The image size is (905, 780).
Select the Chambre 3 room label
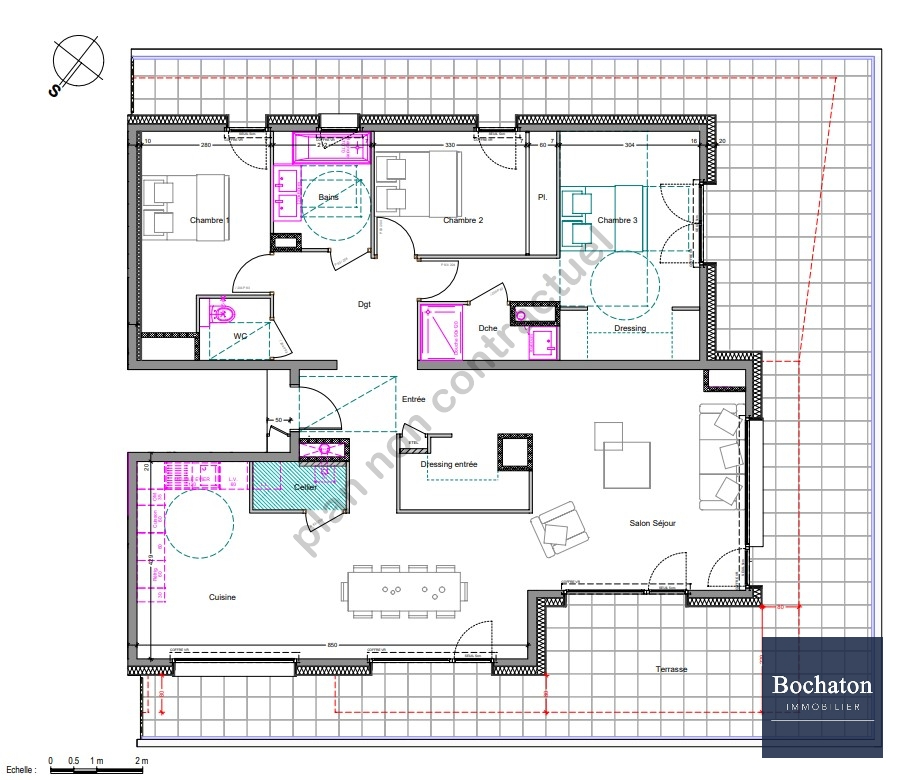(x=618, y=220)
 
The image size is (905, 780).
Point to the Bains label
(x=328, y=197)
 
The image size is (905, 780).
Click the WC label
(x=240, y=337)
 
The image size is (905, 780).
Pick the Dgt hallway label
(x=364, y=305)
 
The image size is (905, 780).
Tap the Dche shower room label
(x=488, y=328)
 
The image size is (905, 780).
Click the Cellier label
(x=305, y=487)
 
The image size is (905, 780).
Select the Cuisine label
(x=222, y=597)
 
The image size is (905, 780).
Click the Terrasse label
(x=672, y=670)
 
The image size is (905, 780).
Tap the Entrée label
(x=414, y=400)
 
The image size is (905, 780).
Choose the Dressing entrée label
(x=449, y=465)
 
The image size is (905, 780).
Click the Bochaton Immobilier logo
(x=822, y=696)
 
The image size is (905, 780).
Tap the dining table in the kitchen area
(x=405, y=589)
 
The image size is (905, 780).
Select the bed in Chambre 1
(x=186, y=208)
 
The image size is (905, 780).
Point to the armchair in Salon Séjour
(x=557, y=528)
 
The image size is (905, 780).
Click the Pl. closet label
(x=542, y=197)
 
